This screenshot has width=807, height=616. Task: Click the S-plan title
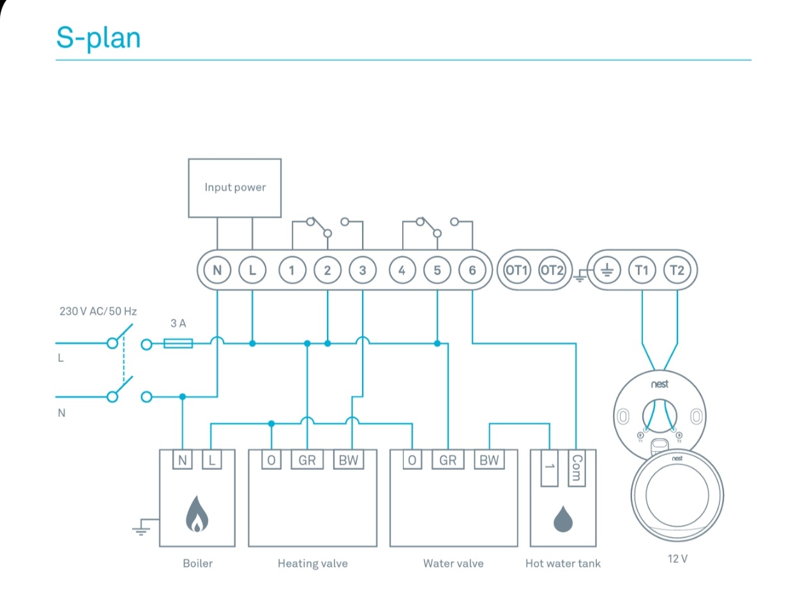click(98, 38)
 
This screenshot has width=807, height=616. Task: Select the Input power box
click(234, 188)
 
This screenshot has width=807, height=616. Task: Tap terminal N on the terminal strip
click(217, 270)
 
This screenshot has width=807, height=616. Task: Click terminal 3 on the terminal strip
click(363, 270)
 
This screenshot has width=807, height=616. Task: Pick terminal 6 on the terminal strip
click(472, 270)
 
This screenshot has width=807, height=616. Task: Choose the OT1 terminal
click(517, 270)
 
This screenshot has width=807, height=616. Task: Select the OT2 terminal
click(552, 270)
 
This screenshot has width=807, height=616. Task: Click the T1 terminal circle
click(642, 270)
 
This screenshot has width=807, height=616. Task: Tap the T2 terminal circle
click(677, 270)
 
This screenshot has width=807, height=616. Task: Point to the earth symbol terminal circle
click(607, 270)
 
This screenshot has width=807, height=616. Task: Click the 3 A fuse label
click(178, 324)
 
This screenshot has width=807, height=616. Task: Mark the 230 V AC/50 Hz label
click(98, 312)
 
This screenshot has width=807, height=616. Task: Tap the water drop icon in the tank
click(563, 519)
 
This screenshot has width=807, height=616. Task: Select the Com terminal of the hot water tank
click(576, 468)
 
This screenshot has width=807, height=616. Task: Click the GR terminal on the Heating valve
click(307, 460)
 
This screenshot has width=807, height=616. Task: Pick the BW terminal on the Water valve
click(489, 460)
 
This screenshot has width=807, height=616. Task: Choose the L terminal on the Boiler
click(212, 460)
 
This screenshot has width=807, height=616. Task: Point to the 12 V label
click(677, 559)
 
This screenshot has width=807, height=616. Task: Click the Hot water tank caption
click(562, 564)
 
